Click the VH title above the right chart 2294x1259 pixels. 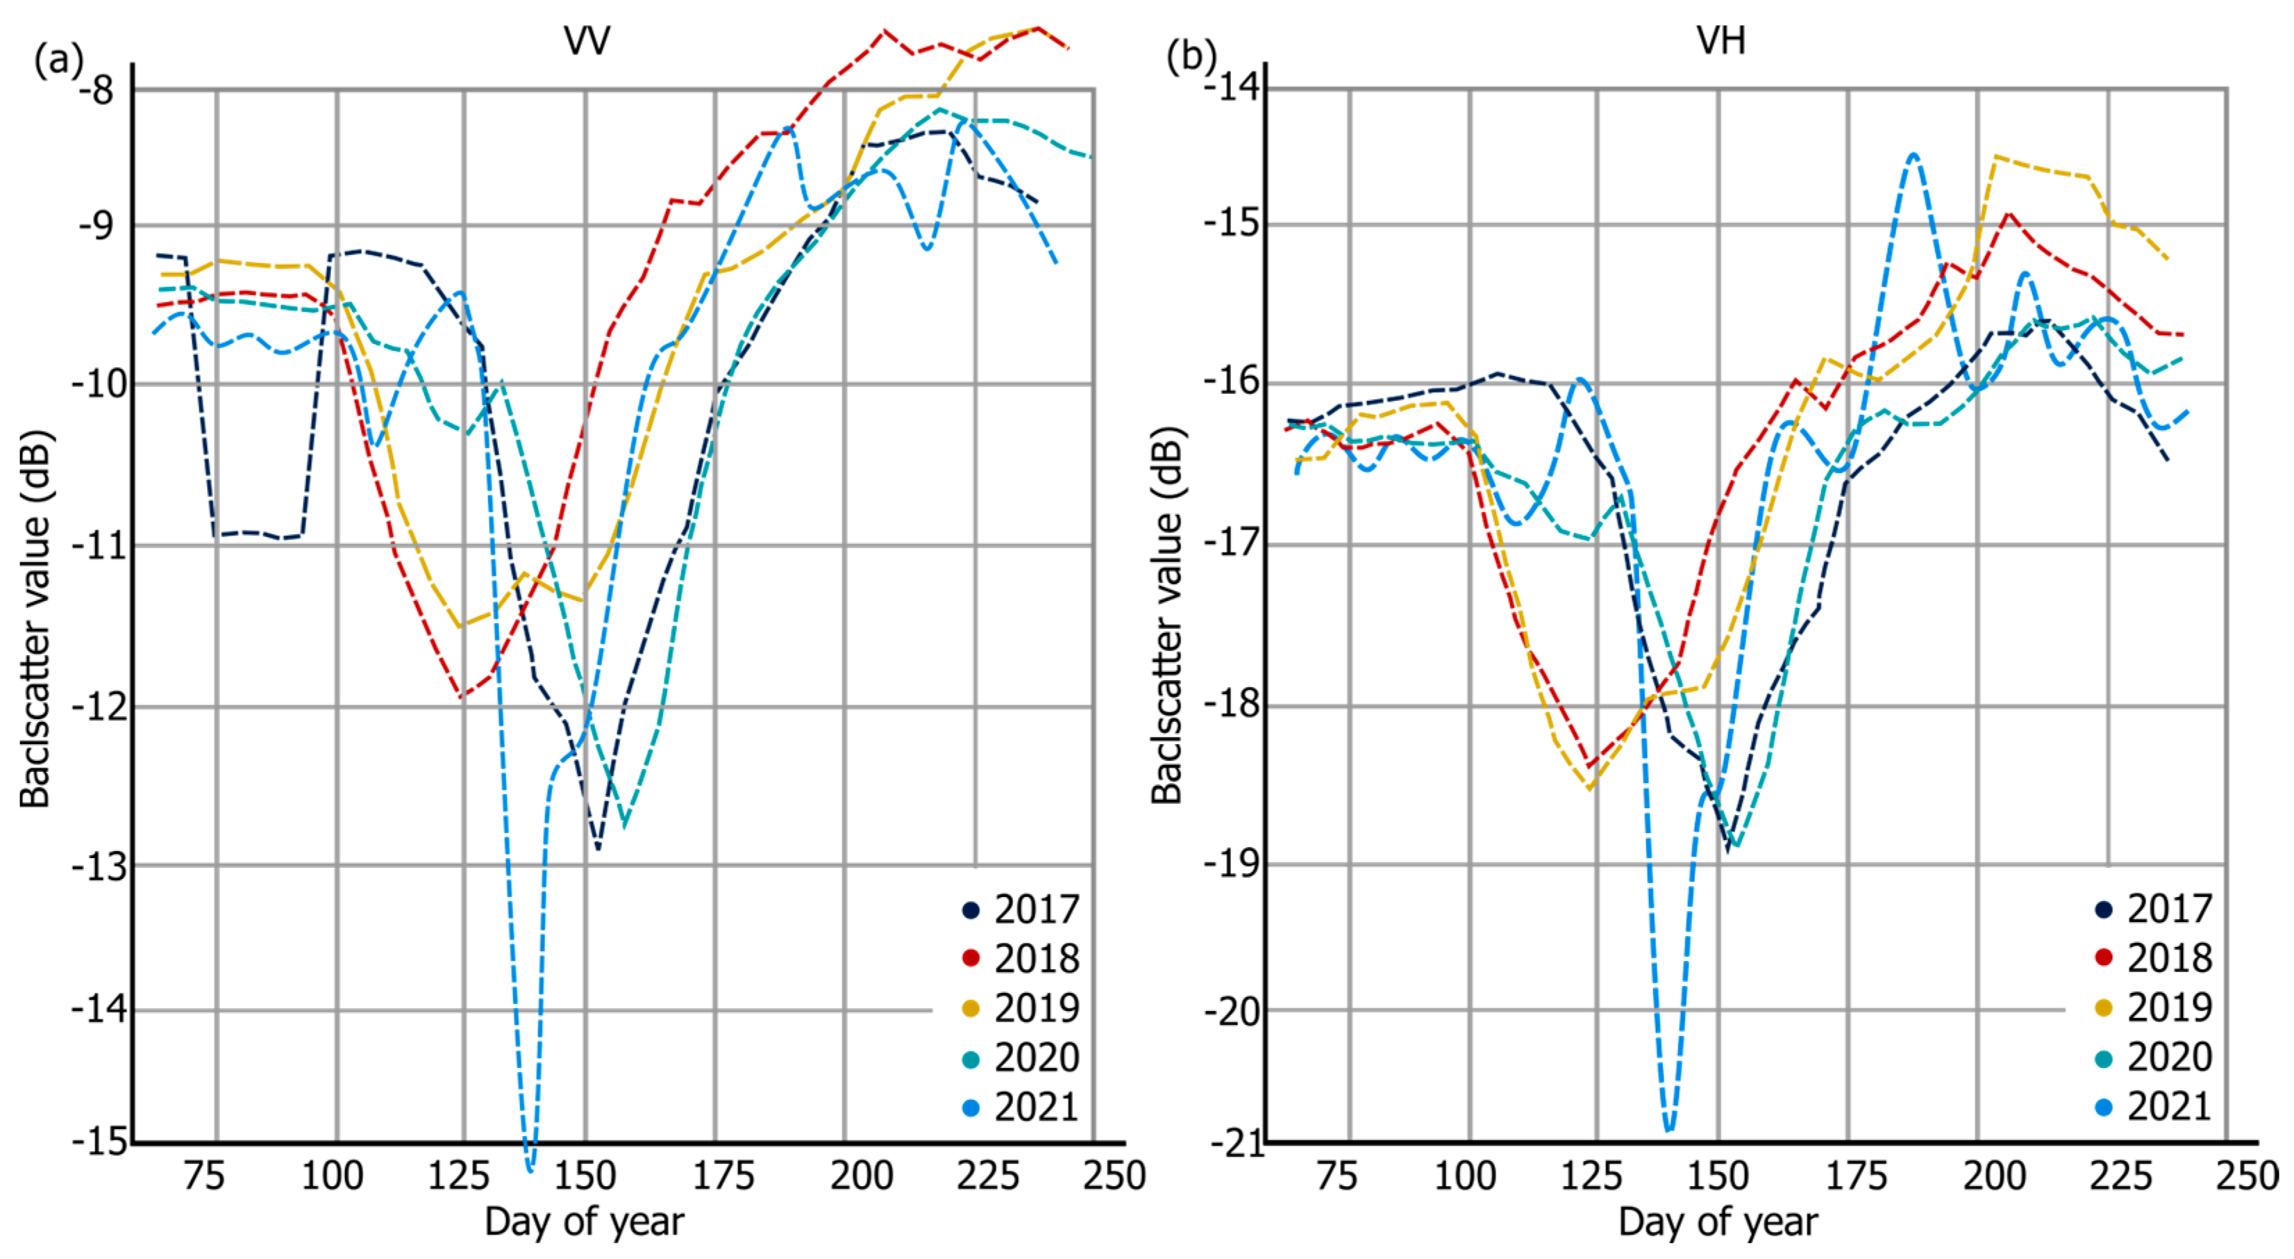coord(1720,40)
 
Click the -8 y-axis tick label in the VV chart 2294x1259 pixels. coord(98,90)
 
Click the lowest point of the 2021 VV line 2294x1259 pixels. coord(530,1167)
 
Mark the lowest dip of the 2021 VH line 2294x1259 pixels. coord(1669,1130)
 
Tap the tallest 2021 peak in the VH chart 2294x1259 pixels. coord(1914,155)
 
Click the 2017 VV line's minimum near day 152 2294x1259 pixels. coord(598,848)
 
